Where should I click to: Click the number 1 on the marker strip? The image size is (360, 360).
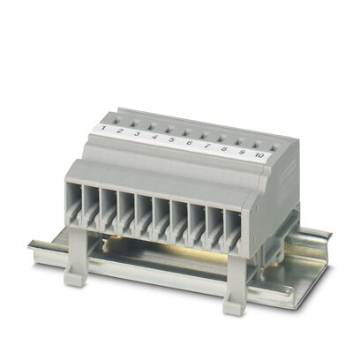(103, 128)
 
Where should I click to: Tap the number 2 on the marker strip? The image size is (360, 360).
(119, 131)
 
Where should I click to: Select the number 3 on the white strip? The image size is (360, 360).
(137, 133)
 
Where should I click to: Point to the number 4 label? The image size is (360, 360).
(154, 137)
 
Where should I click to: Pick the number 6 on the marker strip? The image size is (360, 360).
(189, 143)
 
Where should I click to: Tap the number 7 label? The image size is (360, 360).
(206, 146)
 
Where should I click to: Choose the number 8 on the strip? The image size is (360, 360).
(224, 149)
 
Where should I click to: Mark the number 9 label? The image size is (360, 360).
(242, 152)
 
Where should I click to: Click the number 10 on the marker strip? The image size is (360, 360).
(259, 155)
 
